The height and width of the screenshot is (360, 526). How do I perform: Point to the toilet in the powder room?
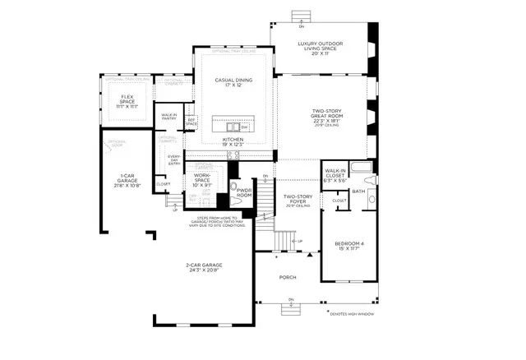[x=238, y=199]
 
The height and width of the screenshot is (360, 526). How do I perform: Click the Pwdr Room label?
[x=244, y=192]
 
